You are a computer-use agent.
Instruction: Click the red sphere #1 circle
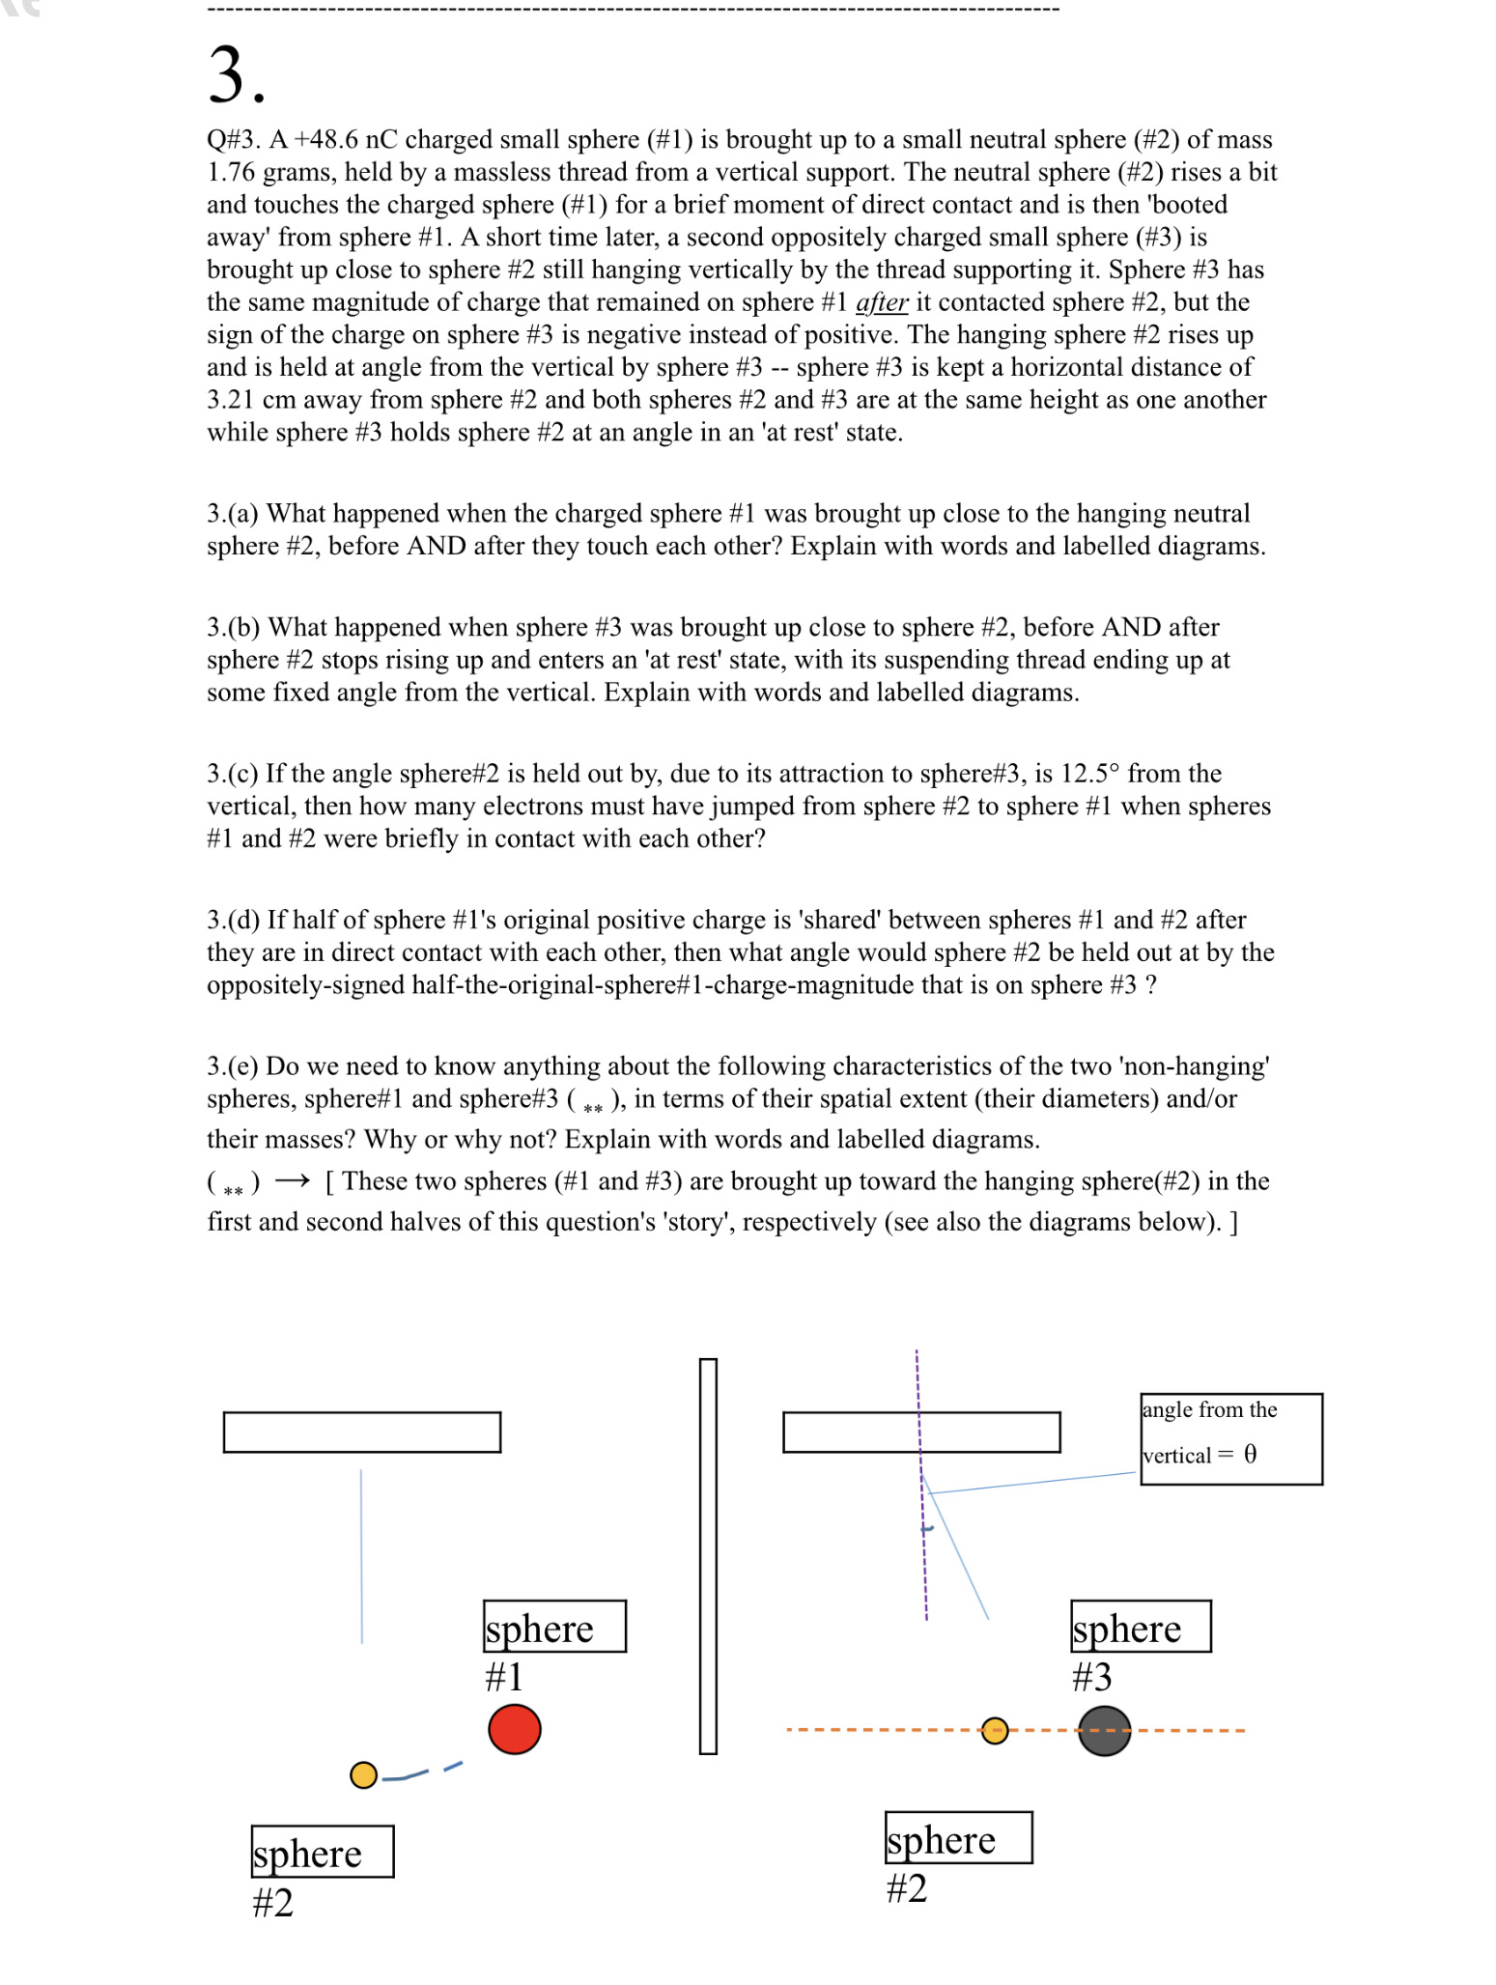514,1729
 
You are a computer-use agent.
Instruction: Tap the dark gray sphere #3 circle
1104,1731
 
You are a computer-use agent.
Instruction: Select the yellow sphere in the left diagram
363,1775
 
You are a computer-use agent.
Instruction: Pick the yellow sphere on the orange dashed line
995,1731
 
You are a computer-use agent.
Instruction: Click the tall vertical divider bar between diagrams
708,1555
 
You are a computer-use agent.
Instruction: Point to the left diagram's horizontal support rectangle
362,1432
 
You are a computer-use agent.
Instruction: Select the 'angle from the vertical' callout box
1230,1438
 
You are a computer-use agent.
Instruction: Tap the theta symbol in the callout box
1250,1455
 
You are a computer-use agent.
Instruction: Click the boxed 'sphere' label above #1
554,1627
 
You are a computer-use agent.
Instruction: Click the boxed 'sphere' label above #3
1141,1627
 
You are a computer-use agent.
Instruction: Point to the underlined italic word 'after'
881,302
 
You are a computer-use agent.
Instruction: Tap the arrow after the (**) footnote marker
292,1181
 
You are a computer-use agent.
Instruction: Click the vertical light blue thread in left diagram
361,1555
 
